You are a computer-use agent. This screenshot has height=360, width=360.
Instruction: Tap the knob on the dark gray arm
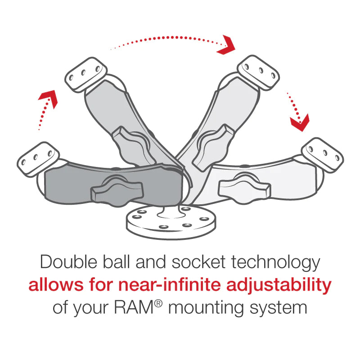coord(110,192)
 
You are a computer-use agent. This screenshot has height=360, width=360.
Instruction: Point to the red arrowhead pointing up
coord(49,98)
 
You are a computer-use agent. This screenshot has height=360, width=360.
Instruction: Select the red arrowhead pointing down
coord(299,121)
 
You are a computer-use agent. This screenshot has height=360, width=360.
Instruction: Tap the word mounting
coord(212,309)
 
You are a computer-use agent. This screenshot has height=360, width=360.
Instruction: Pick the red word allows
coord(52,285)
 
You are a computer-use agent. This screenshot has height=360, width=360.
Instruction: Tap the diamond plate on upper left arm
coord(85,72)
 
